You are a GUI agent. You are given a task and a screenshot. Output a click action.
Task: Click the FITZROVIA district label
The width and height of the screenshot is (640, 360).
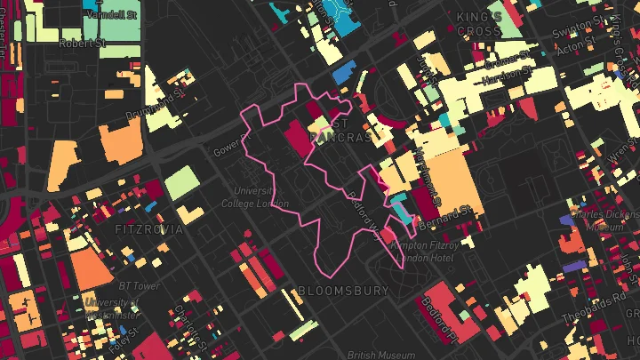pos(148,229)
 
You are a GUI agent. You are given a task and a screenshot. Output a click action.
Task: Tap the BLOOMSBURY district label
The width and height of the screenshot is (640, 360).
pos(343,291)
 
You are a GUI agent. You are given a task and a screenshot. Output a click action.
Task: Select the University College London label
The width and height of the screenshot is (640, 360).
pos(261,196)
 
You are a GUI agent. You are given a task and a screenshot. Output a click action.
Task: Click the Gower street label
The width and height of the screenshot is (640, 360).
pos(228,146)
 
